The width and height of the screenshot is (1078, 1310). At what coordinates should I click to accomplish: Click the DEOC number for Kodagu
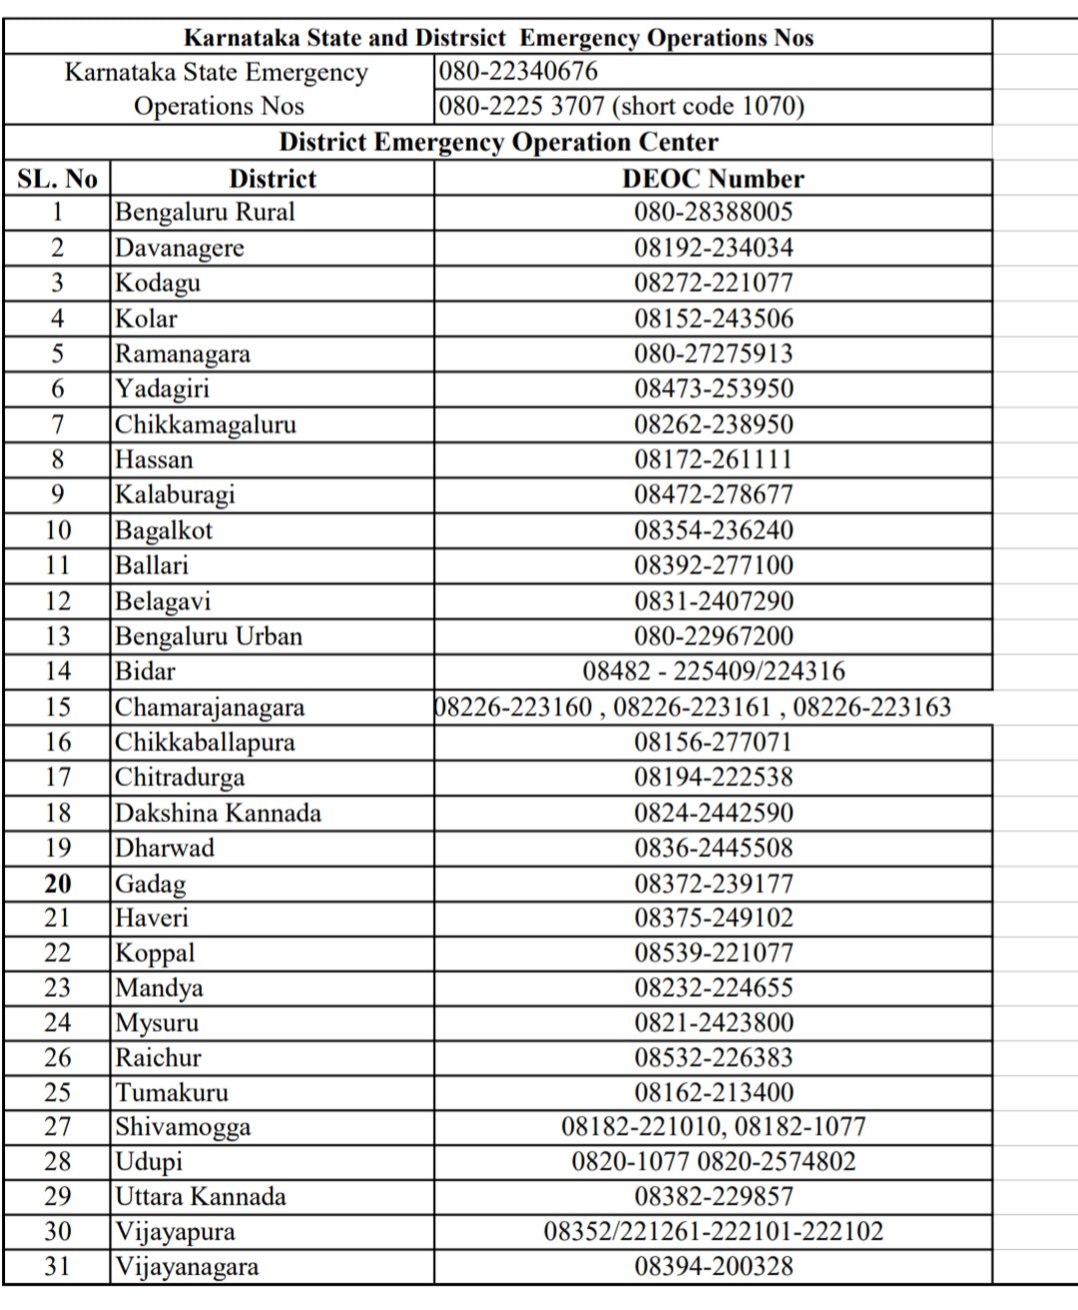pyautogui.click(x=713, y=283)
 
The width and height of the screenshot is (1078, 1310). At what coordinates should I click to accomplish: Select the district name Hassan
pyautogui.click(x=154, y=459)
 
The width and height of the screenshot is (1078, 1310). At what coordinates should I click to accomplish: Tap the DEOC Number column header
pyautogui.click(x=713, y=179)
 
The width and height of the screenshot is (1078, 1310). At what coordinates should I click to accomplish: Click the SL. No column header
pyautogui.click(x=57, y=179)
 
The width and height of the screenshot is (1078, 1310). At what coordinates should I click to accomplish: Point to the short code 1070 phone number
pyautogui.click(x=621, y=106)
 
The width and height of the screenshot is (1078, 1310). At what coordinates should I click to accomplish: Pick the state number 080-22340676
pyautogui.click(x=518, y=72)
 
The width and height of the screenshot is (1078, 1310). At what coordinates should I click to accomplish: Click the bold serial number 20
pyautogui.click(x=58, y=884)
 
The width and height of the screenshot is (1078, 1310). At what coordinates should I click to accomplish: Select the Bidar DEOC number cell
pyautogui.click(x=713, y=671)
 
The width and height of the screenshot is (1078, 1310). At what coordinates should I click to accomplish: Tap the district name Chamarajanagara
pyautogui.click(x=210, y=707)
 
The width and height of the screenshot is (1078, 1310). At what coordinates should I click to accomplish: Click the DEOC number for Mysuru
pyautogui.click(x=713, y=1022)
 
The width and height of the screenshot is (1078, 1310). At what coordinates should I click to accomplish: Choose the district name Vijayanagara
pyautogui.click(x=187, y=1267)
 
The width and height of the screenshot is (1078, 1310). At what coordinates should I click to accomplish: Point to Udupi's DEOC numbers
pyautogui.click(x=713, y=1161)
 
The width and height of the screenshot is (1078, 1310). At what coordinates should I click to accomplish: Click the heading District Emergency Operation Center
pyautogui.click(x=498, y=142)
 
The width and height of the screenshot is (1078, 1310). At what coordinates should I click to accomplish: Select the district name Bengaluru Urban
pyautogui.click(x=209, y=636)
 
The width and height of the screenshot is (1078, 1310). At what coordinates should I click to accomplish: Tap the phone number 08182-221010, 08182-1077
pyautogui.click(x=713, y=1127)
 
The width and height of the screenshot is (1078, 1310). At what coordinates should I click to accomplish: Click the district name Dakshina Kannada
pyautogui.click(x=218, y=813)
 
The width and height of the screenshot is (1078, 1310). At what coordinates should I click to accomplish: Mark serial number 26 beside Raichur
pyautogui.click(x=58, y=1057)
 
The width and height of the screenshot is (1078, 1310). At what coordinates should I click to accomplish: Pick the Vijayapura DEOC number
pyautogui.click(x=713, y=1231)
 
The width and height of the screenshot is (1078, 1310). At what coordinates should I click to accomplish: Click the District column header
pyautogui.click(x=271, y=179)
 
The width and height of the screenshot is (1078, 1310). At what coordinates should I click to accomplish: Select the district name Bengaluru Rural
pyautogui.click(x=205, y=212)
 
